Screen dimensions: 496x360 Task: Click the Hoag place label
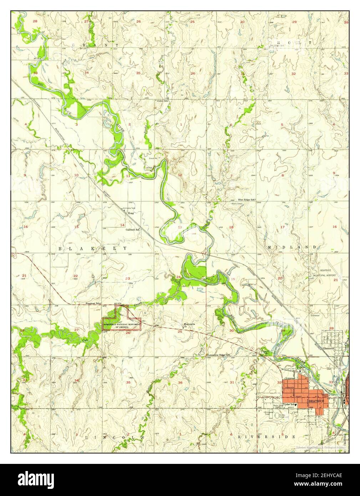pyautogui.click(x=131, y=213)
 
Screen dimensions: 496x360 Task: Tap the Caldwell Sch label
pyautogui.click(x=132, y=229)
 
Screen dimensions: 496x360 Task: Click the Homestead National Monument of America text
pyautogui.click(x=122, y=325)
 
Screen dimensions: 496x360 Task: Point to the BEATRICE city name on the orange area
pyautogui.click(x=317, y=401)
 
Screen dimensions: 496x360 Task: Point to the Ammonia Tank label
pyautogui.click(x=129, y=208)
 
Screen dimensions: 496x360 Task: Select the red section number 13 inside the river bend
pyautogui.click(x=180, y=227)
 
